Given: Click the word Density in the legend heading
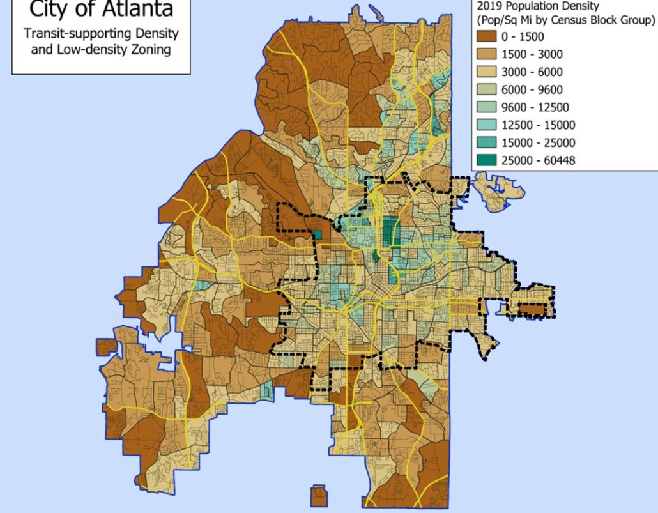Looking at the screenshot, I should click(582, 6).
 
